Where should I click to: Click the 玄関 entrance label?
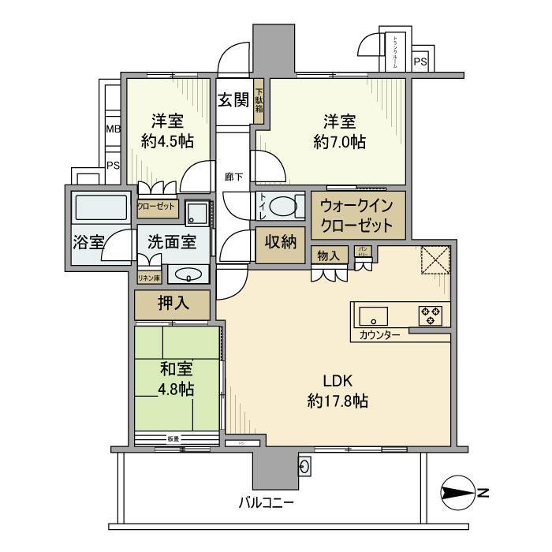pos(233,100)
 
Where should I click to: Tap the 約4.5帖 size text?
pos(167,142)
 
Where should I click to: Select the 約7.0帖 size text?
pos(338,142)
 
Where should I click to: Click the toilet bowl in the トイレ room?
pos(281,206)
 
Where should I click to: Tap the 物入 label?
pos(327,255)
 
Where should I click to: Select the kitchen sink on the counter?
pos(372,316)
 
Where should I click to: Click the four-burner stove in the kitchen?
pos(431,315)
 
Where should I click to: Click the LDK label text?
pos(338,381)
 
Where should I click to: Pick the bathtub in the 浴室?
pos(99,210)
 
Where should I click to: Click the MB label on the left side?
pos(113,129)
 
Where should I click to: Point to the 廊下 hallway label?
pos(233,177)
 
